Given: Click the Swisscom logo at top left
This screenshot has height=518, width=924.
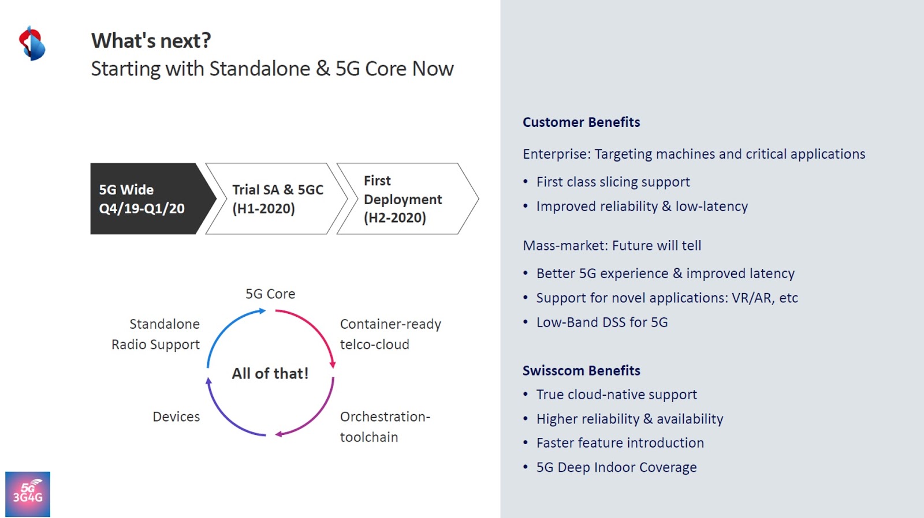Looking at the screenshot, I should point(32,44).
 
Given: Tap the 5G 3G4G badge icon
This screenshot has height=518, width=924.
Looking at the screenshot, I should point(28,494).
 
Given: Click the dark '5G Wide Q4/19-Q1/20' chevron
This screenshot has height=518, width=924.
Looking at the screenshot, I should point(147,199).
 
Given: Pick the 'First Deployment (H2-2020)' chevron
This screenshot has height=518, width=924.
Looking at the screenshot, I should point(404,199).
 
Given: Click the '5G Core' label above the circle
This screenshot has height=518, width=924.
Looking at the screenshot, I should point(270,294).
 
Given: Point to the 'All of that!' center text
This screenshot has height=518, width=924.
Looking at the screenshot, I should point(270,374).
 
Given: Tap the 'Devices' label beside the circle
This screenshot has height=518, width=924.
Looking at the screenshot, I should point(176,417).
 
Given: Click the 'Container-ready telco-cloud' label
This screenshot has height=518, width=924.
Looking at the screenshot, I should point(390,334).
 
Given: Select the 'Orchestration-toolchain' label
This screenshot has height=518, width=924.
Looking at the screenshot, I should point(385,427).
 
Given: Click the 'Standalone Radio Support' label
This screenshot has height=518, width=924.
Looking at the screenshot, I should point(156,334).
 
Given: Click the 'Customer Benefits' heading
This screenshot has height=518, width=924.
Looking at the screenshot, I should point(581,122).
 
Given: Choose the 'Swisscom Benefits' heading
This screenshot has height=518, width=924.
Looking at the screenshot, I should point(581,371).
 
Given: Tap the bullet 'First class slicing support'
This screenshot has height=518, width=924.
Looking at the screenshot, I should point(613,182).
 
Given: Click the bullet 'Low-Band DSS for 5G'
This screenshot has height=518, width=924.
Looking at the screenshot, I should point(602,322).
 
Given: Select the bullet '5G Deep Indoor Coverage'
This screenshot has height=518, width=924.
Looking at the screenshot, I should point(616,468).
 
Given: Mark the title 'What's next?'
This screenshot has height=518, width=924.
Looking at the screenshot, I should point(151,41).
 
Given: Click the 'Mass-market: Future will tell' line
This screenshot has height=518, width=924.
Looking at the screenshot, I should point(612,246).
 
